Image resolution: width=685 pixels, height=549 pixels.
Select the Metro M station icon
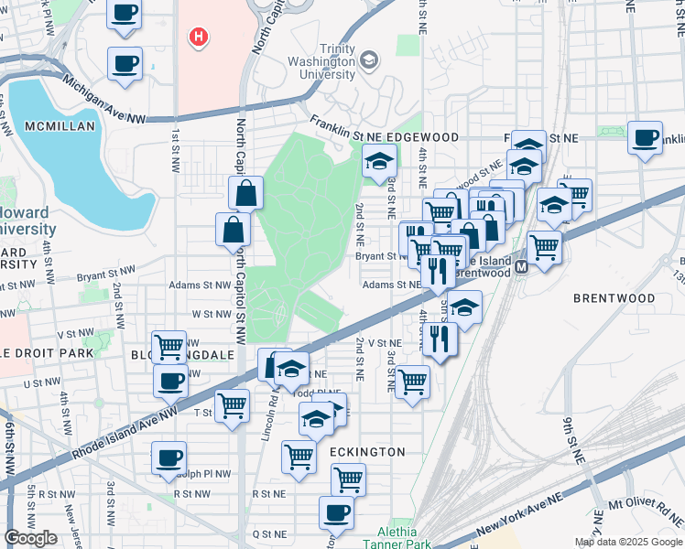[x=521, y=266]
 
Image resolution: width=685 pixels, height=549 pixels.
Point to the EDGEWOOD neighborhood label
[x=421, y=137]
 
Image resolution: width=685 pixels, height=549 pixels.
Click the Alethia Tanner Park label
[x=397, y=537]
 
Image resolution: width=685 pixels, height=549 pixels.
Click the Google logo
[x=31, y=538]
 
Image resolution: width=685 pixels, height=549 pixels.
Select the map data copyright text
[x=627, y=542]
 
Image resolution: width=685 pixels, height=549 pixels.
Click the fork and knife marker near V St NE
[x=440, y=339]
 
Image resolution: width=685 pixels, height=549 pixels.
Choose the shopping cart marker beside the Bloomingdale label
[x=169, y=347]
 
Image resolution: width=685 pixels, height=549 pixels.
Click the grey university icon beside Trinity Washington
[x=368, y=61]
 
